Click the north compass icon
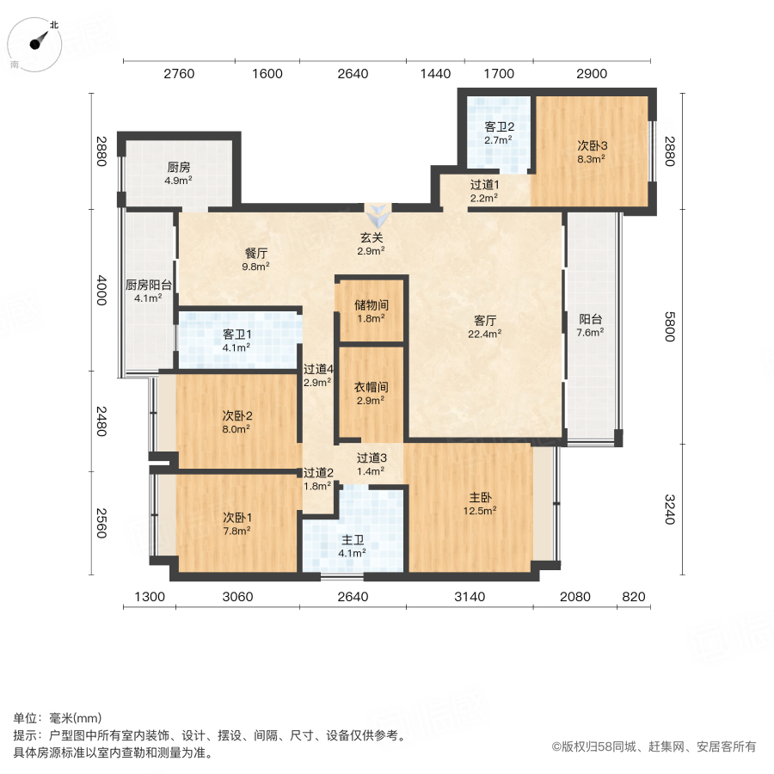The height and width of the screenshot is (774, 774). coord(37,42)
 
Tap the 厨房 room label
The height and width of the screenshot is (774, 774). coord(179,174)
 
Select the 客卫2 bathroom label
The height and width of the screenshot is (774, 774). coord(500,132)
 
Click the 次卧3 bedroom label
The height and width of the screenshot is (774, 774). coord(592,151)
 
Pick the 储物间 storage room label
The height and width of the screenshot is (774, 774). coord(370,310)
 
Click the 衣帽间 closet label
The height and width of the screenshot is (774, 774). coord(370,393)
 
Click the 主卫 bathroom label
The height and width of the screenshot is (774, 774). coord(353,546)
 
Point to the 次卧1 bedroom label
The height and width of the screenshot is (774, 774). coord(236,524)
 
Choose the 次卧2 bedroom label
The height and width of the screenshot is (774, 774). coord(236,421)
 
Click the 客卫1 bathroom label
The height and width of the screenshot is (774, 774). coord(236,341)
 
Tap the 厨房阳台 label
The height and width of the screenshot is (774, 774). coord(148,292)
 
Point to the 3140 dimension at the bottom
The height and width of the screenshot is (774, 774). coord(470,597)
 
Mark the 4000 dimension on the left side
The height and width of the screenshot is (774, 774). coord(101,289)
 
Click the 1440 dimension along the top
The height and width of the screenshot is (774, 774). coord(435,74)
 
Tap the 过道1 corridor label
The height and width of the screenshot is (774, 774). coord(484,191)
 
